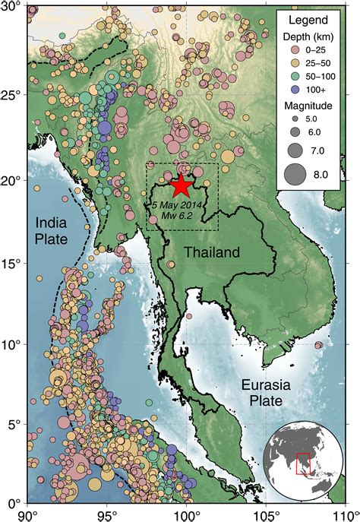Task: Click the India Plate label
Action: point(48,229)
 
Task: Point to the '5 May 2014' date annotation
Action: point(177,205)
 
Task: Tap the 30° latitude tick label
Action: point(12,8)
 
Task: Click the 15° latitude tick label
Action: point(12,264)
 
